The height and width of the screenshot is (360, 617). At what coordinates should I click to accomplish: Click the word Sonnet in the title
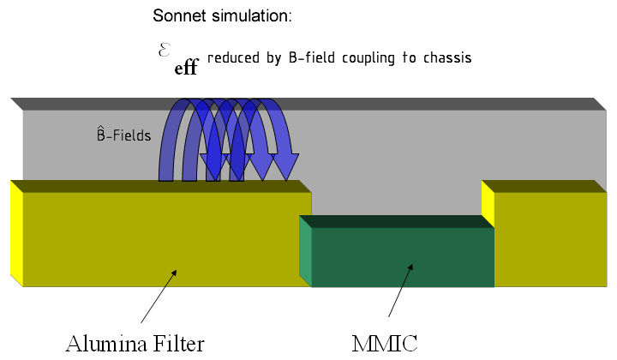177,16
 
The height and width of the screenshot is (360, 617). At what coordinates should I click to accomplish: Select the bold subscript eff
186,68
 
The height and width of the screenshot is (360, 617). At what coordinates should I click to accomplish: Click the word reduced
234,58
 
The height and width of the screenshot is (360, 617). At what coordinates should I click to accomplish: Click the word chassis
445,58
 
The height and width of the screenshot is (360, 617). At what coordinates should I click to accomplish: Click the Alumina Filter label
135,344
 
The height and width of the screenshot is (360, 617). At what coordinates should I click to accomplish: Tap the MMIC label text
385,344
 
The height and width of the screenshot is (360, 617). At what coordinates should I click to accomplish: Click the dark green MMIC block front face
403,256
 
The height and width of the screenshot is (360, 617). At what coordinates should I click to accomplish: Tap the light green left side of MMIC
305,252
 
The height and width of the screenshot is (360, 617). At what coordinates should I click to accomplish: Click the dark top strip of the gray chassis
308,103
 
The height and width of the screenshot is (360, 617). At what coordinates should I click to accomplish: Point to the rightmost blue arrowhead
285,165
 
